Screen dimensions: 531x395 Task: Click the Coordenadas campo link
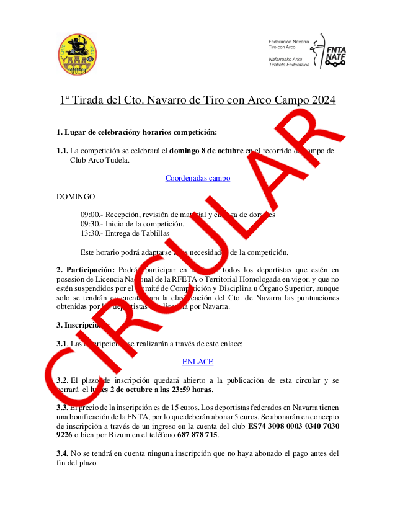pyautogui.click(x=198, y=178)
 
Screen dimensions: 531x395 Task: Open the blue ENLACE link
pyautogui.click(x=198, y=362)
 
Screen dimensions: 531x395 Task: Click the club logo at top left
pyautogui.click(x=74, y=55)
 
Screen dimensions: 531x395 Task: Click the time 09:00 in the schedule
pyautogui.click(x=91, y=215)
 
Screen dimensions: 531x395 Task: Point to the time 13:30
pyautogui.click(x=91, y=233)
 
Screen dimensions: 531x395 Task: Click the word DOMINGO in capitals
pyautogui.click(x=76, y=197)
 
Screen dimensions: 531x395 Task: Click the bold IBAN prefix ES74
pyautogui.click(x=257, y=427)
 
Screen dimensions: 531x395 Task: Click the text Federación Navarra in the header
pyautogui.click(x=289, y=40)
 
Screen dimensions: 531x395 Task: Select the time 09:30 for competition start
pyautogui.click(x=91, y=224)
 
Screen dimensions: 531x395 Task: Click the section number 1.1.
pyautogui.click(x=62, y=151)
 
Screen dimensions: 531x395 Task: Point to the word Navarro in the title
pyautogui.click(x=170, y=99)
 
